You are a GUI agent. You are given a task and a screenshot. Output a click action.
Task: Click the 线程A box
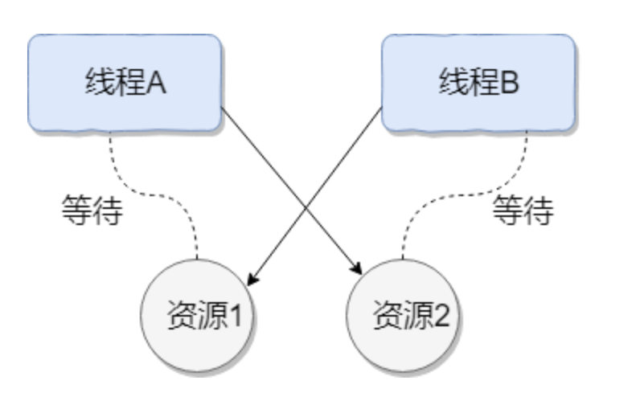[x=125, y=84]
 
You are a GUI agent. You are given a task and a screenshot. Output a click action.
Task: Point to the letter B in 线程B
[x=511, y=84]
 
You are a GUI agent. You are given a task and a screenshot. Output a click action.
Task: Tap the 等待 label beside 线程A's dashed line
[x=92, y=211]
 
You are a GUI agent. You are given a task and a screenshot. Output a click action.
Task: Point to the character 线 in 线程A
[x=98, y=84]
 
